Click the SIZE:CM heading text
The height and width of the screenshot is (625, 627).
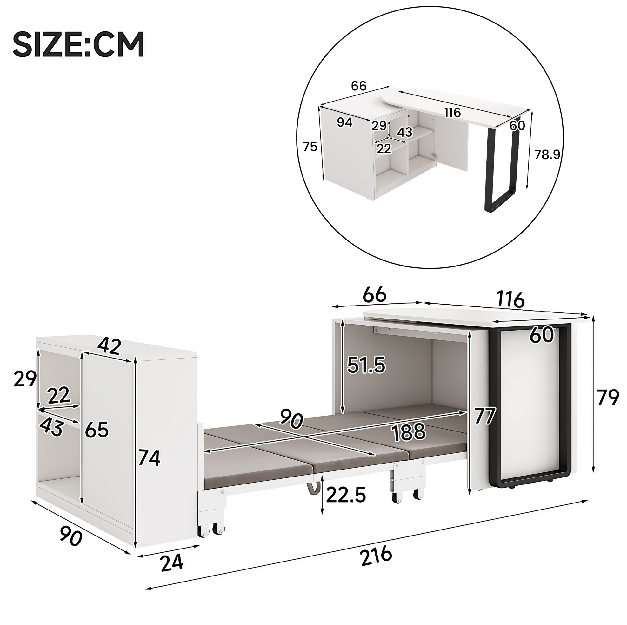click(x=78, y=44)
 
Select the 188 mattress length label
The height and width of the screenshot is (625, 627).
click(x=408, y=432)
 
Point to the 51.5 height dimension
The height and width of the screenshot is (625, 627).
click(x=366, y=365)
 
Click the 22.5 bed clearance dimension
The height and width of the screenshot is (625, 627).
click(x=346, y=495)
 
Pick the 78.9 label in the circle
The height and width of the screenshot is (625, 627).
click(x=547, y=155)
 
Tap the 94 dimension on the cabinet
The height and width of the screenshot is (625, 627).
click(x=345, y=122)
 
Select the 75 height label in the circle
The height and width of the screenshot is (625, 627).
click(x=310, y=147)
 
